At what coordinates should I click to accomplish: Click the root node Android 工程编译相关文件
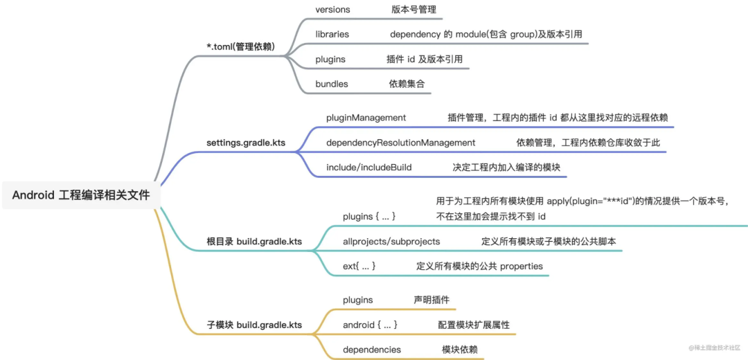[x=81, y=195]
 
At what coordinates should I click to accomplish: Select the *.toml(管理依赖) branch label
[x=240, y=46]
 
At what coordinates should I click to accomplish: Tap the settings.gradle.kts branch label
[x=246, y=143]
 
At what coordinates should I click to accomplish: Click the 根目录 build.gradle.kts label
[x=254, y=242]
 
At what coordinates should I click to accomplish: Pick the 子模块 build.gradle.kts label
[x=254, y=324]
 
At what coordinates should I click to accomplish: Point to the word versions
[x=332, y=10]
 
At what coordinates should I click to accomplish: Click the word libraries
[x=332, y=34]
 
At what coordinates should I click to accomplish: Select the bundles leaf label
[x=332, y=84]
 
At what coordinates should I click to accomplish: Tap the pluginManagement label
[x=366, y=118]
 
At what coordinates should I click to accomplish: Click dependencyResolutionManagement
[x=401, y=143]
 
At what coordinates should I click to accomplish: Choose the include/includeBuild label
[x=369, y=168]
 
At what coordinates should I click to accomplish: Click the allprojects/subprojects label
[x=391, y=242]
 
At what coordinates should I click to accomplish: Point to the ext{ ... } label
[x=359, y=266]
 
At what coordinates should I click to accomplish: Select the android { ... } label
[x=370, y=325]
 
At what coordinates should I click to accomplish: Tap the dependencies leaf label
[x=372, y=350]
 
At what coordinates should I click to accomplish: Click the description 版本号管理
[x=413, y=10]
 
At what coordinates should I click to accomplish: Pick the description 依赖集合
[x=407, y=84]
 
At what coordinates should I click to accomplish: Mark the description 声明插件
[x=431, y=300]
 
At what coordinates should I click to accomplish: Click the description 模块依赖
[x=460, y=350]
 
